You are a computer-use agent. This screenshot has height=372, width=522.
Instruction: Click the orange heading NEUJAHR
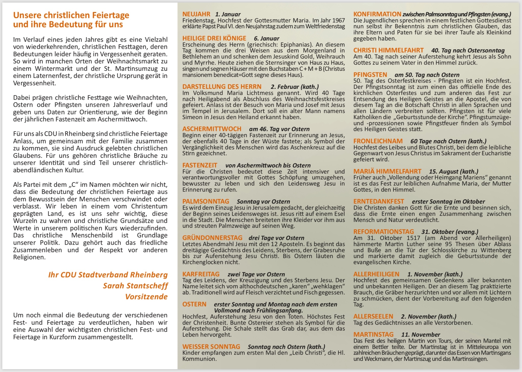196,14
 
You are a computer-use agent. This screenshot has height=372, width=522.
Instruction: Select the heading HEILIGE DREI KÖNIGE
214,38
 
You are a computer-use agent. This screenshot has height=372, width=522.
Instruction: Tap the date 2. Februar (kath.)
295,87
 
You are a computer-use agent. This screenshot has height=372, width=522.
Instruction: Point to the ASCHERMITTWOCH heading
212,129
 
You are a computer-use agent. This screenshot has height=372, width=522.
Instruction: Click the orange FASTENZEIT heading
200,165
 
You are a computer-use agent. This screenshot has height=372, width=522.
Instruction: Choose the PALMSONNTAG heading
205,202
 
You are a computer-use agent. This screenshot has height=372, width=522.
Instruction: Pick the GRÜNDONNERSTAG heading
212,238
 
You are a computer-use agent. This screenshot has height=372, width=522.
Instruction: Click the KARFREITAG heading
201,274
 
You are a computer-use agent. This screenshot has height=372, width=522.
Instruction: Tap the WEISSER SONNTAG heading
211,347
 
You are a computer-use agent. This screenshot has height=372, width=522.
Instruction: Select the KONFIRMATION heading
377,14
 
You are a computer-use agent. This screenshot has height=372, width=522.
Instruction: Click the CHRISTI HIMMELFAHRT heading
388,50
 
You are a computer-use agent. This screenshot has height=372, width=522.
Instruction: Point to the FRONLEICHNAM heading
378,141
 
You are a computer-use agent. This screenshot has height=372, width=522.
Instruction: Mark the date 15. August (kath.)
453,171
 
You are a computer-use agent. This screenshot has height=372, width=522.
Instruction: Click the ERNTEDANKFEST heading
379,202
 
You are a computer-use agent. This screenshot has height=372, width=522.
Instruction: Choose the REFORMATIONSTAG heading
383,232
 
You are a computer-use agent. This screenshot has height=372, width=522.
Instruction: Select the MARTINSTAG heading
373,335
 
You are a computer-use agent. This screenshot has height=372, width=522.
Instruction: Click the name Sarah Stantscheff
135,286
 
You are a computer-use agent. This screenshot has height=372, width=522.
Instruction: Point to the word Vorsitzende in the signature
146,297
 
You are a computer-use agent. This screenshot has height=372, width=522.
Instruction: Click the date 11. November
421,335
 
